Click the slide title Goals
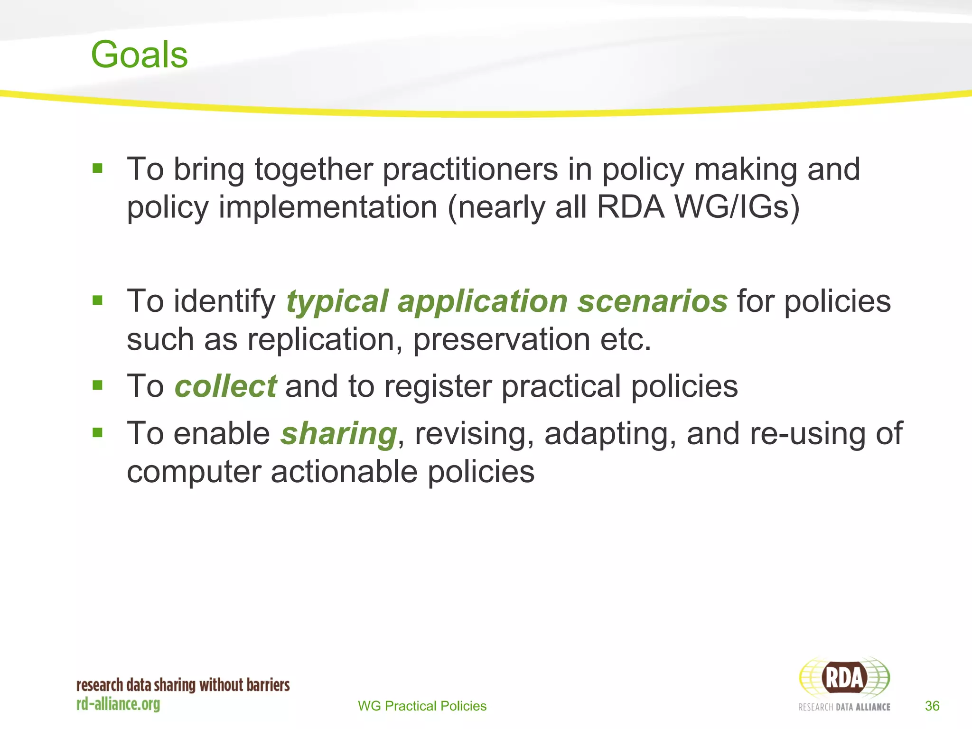point(139,55)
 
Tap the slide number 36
point(932,706)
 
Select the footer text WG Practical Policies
point(422,706)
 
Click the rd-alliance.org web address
point(118,704)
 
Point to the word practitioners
point(470,169)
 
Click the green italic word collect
point(225,386)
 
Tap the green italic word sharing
point(338,433)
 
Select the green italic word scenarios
point(652,301)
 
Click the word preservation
point(501,340)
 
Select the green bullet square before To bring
point(98,168)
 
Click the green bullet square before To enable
point(98,432)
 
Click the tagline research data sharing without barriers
point(183,685)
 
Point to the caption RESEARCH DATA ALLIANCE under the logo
point(844,707)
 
